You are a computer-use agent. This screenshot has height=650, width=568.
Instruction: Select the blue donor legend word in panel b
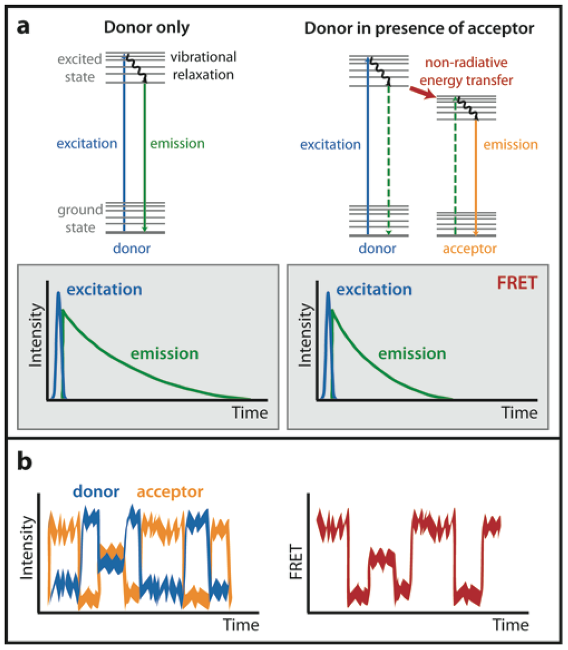[97, 491]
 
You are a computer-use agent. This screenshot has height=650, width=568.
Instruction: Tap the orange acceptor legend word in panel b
[169, 491]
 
